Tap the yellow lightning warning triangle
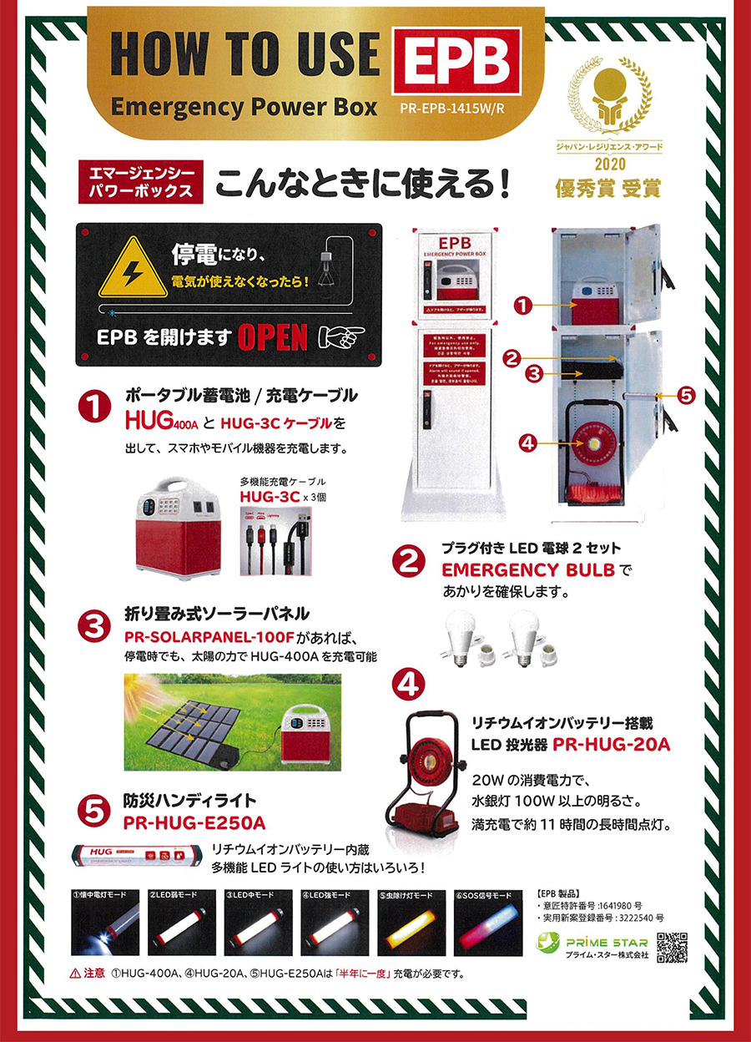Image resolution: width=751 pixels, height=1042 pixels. (x=134, y=267)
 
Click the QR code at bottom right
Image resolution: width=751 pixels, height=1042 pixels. (x=672, y=947)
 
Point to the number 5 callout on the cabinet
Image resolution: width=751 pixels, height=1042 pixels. (x=684, y=397)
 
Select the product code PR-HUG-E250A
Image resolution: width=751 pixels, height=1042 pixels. (x=194, y=823)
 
